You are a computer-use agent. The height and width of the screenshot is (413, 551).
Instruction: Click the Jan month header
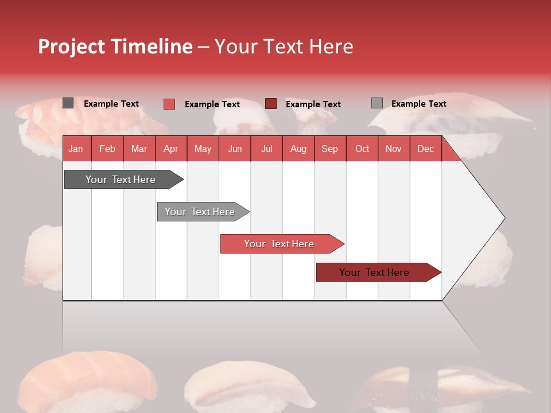[76, 149]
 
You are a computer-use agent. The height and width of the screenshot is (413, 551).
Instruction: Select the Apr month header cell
[171, 149]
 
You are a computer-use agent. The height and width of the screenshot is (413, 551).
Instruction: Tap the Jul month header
[266, 149]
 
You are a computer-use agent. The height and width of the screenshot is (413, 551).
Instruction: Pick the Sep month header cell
[330, 149]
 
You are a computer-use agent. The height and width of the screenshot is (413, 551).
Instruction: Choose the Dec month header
[425, 149]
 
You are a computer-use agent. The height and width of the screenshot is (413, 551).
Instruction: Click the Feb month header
[107, 149]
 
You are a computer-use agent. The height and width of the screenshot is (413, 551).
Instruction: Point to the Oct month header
[362, 149]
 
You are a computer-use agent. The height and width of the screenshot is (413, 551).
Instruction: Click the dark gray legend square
[68, 103]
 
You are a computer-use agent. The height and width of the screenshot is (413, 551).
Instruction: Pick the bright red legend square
[169, 104]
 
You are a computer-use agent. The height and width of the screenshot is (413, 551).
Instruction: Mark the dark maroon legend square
[271, 104]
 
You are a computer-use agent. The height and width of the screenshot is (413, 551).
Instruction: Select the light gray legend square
[377, 103]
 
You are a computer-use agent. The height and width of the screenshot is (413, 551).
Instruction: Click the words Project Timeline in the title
[115, 46]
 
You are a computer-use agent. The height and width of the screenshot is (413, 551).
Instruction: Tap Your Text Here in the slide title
[284, 46]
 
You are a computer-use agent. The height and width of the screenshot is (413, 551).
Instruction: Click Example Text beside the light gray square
[418, 104]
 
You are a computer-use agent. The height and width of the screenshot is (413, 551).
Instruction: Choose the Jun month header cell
[235, 149]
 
